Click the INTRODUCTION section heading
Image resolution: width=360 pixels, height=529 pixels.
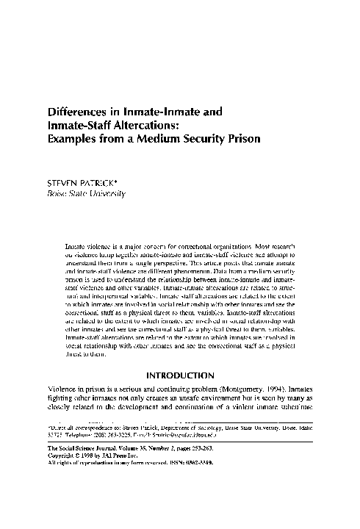coord(180,376)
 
